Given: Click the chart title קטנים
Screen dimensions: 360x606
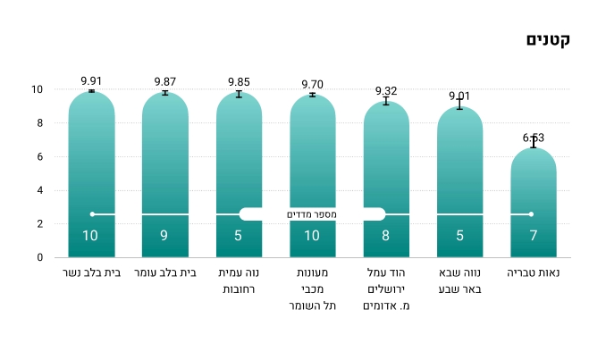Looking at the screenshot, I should pos(549,40).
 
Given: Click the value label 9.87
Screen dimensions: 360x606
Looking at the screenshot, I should pos(165,81).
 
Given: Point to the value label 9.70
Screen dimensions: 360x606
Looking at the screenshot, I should pos(313,84).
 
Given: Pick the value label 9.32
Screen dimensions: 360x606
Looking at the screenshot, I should pos(386,91).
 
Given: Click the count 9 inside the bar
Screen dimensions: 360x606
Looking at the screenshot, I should pos(165,237).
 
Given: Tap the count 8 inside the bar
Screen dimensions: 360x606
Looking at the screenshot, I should pos(386,237).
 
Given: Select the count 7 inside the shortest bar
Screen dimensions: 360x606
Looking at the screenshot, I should pos(534,237).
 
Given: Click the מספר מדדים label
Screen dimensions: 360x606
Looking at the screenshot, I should pos(312,214).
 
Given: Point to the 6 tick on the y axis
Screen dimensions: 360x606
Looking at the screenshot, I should pos(38,157).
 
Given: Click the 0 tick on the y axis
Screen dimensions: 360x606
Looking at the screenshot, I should pos(39,258).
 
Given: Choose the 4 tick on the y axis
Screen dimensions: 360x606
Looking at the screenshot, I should pos(39,190).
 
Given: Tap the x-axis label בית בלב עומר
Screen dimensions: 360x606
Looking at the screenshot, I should pos(165,272).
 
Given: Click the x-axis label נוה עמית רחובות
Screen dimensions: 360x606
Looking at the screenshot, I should pos(239,280).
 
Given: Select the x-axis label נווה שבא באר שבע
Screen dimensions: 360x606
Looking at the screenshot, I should pos(459,280).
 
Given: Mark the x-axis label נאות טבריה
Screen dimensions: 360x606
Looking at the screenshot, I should pos(534,272).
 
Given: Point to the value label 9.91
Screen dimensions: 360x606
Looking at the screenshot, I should pos(91,80).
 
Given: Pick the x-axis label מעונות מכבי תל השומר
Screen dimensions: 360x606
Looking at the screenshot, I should pos(313,289).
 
